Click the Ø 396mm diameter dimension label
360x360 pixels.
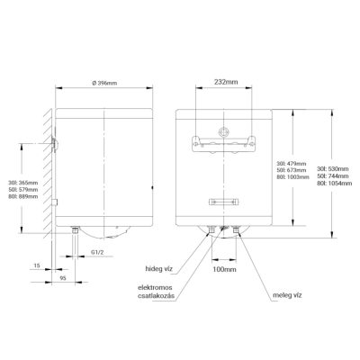pos(104,83)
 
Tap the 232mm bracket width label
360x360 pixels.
pos(226,82)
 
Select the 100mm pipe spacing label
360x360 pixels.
pos(224,269)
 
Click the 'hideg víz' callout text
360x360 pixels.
pos(159,269)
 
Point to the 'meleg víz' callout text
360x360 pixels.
pos(287,295)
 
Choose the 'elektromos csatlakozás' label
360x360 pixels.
pos(156,292)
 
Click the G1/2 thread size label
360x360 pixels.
pos(97,252)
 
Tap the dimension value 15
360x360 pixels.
pos(37,265)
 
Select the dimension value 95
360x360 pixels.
pos(63,278)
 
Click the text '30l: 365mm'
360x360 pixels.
pos(23,183)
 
